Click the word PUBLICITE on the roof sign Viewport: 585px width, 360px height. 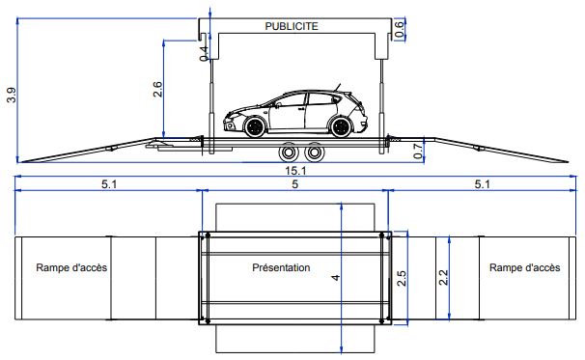coord(292,26)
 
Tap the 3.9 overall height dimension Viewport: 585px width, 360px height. coord(12,95)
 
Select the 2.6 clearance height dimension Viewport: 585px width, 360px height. coord(157,89)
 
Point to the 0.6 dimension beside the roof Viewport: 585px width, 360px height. coord(399,29)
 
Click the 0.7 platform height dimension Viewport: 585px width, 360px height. coord(419,151)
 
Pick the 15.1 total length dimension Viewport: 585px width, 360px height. coord(295,171)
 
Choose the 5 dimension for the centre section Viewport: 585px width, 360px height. coord(295,184)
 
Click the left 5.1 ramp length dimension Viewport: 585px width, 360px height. coord(109,184)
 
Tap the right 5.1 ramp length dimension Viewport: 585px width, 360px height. coord(482,184)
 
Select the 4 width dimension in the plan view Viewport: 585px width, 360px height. coord(336,278)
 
